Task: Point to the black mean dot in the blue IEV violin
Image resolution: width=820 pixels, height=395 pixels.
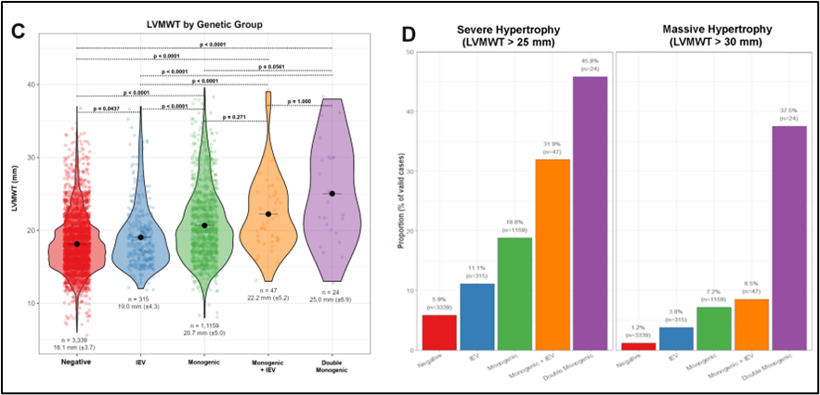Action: click(141, 237)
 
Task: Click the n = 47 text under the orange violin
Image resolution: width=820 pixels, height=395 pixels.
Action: click(268, 290)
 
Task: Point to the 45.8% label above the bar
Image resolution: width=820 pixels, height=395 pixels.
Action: click(585, 61)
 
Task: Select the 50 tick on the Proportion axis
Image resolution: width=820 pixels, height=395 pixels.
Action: click(409, 52)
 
